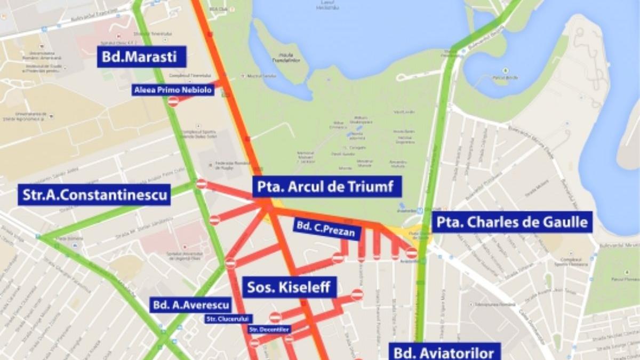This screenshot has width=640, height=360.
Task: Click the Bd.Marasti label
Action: [141, 57]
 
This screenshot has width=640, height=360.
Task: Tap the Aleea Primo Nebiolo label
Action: [173, 90]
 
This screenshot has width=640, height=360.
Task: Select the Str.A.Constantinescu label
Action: [95, 195]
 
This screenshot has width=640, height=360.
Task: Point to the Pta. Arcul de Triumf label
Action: [326, 187]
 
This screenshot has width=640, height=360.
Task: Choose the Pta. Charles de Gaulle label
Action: [511, 222]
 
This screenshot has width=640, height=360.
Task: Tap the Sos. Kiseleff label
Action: [290, 288]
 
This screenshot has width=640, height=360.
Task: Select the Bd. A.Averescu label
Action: [191, 305]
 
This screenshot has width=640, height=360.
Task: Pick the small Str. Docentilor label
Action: [269, 330]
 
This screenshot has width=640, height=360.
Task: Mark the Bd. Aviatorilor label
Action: [444, 352]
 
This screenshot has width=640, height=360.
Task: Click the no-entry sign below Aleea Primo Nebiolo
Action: [173, 101]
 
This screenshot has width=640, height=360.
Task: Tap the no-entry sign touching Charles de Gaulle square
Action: [412, 253]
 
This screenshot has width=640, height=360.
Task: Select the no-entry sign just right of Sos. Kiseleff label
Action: [357, 294]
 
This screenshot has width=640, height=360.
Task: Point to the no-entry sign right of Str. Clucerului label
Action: [275, 317]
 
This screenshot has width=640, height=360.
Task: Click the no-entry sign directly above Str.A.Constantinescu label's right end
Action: [202, 184]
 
